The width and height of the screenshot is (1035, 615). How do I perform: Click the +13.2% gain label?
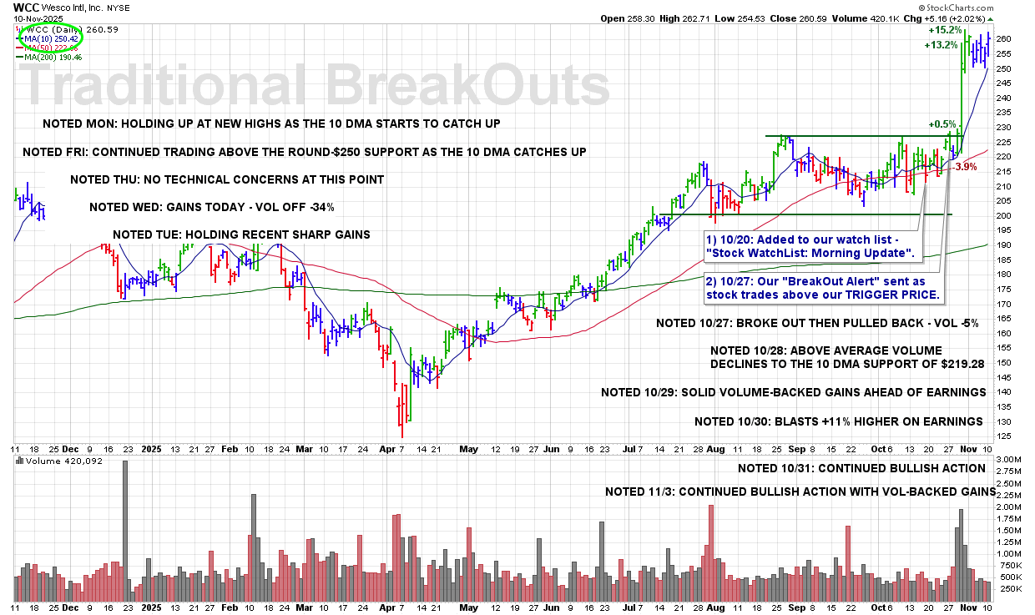942,46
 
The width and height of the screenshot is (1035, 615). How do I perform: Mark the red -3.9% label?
966,167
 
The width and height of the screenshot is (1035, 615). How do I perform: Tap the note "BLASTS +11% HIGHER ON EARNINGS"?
838,421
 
